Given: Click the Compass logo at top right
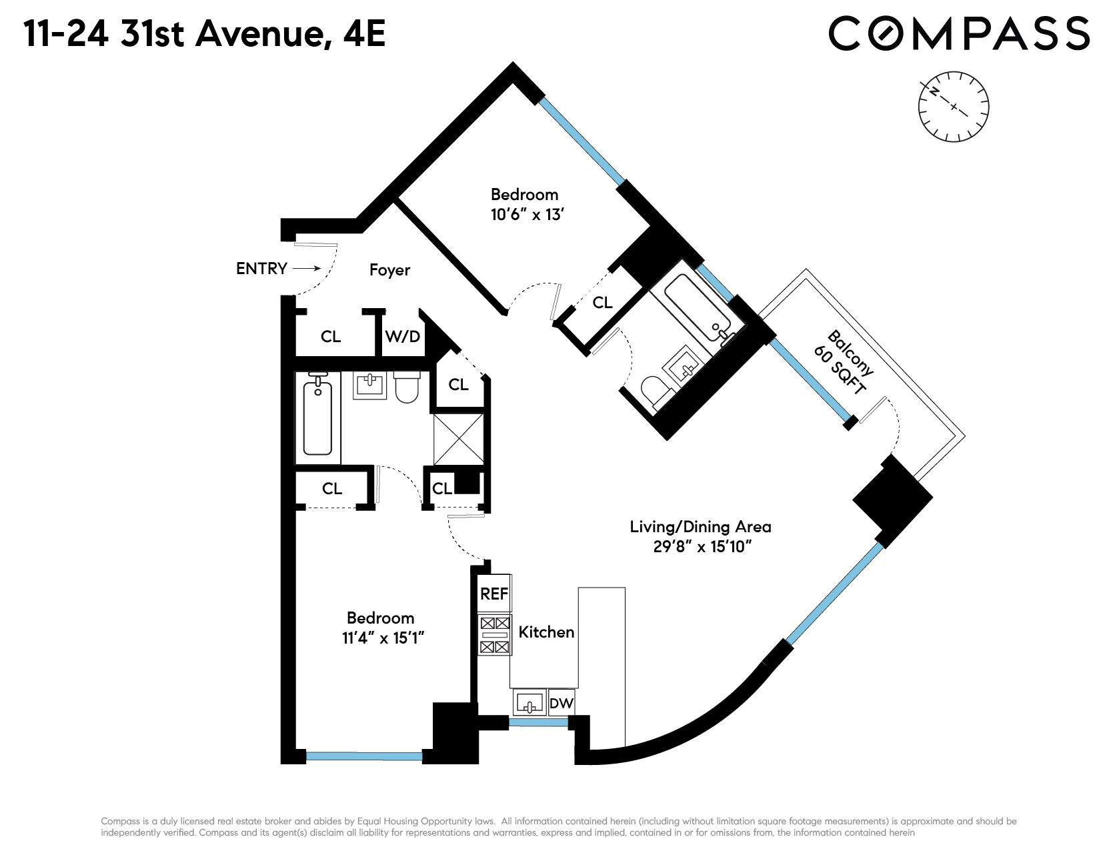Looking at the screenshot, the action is (959, 34).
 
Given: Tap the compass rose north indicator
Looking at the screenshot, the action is (934, 91).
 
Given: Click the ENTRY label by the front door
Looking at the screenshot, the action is (261, 269).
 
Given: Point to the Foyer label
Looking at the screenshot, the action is (389, 270).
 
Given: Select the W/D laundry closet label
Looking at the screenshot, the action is (403, 336).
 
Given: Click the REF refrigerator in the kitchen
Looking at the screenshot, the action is (494, 593).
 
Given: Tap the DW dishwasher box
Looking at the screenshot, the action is (562, 702).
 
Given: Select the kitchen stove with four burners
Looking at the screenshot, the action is (495, 635).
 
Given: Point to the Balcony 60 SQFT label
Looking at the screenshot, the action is (843, 361).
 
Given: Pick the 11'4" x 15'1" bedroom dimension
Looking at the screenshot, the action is (383, 638).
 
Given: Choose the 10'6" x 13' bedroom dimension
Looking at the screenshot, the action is (527, 215).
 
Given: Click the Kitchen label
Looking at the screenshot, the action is (546, 632).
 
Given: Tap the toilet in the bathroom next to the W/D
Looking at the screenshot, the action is (407, 387).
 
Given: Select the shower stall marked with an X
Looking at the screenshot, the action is (459, 440).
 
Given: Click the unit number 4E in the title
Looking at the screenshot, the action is (364, 34).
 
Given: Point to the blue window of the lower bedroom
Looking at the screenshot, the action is (364, 756).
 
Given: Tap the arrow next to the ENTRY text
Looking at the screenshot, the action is (307, 269).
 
